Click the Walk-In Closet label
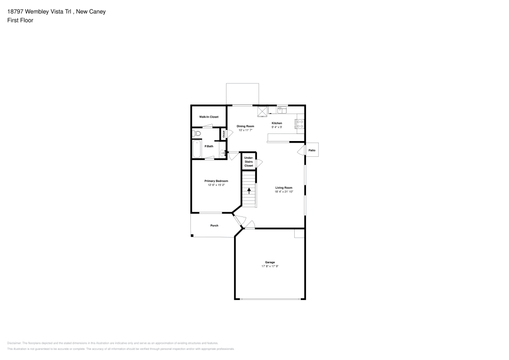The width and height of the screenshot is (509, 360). tap(209, 117)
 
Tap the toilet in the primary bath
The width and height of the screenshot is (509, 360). tap(197, 133)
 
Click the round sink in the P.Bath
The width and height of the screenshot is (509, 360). tap(223, 153)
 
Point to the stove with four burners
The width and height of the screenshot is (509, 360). tap(300, 122)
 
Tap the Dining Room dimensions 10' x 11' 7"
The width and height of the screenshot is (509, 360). tap(245, 130)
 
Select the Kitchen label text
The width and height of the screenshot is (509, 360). tap(276, 123)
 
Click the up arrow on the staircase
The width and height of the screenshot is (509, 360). tap(248, 191)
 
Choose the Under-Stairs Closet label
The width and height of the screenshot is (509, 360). tap(248, 162)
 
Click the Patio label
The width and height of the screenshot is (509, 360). tap(312, 150)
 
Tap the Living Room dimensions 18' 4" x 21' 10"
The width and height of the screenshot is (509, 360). tap(284, 191)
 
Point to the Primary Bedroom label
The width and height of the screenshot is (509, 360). tap(216, 181)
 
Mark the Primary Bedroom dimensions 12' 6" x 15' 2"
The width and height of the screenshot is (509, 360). tap(216, 185)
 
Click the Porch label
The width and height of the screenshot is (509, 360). tap(214, 226)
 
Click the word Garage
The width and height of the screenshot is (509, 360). tap(270, 262)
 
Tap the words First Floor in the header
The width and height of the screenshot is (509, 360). tap(20, 20)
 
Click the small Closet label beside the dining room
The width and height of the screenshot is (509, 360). tap(223, 134)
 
